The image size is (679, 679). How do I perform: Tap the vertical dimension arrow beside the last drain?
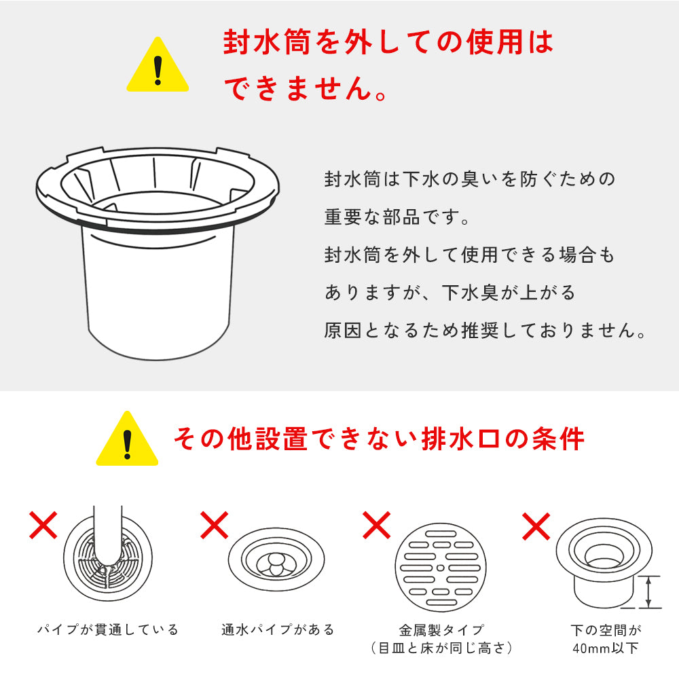pos(650,591)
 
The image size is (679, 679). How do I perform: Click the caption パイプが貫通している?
pos(108,630)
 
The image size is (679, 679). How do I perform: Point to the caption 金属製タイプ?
pos(441,630)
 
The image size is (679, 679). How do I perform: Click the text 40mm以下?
pos(606,648)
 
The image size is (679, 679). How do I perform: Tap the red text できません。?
pos(306,89)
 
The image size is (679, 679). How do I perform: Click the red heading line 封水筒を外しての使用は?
pos(388,43)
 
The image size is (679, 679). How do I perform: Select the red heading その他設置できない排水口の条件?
pos(378,439)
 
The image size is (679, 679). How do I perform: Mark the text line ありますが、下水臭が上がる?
pos(450,293)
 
